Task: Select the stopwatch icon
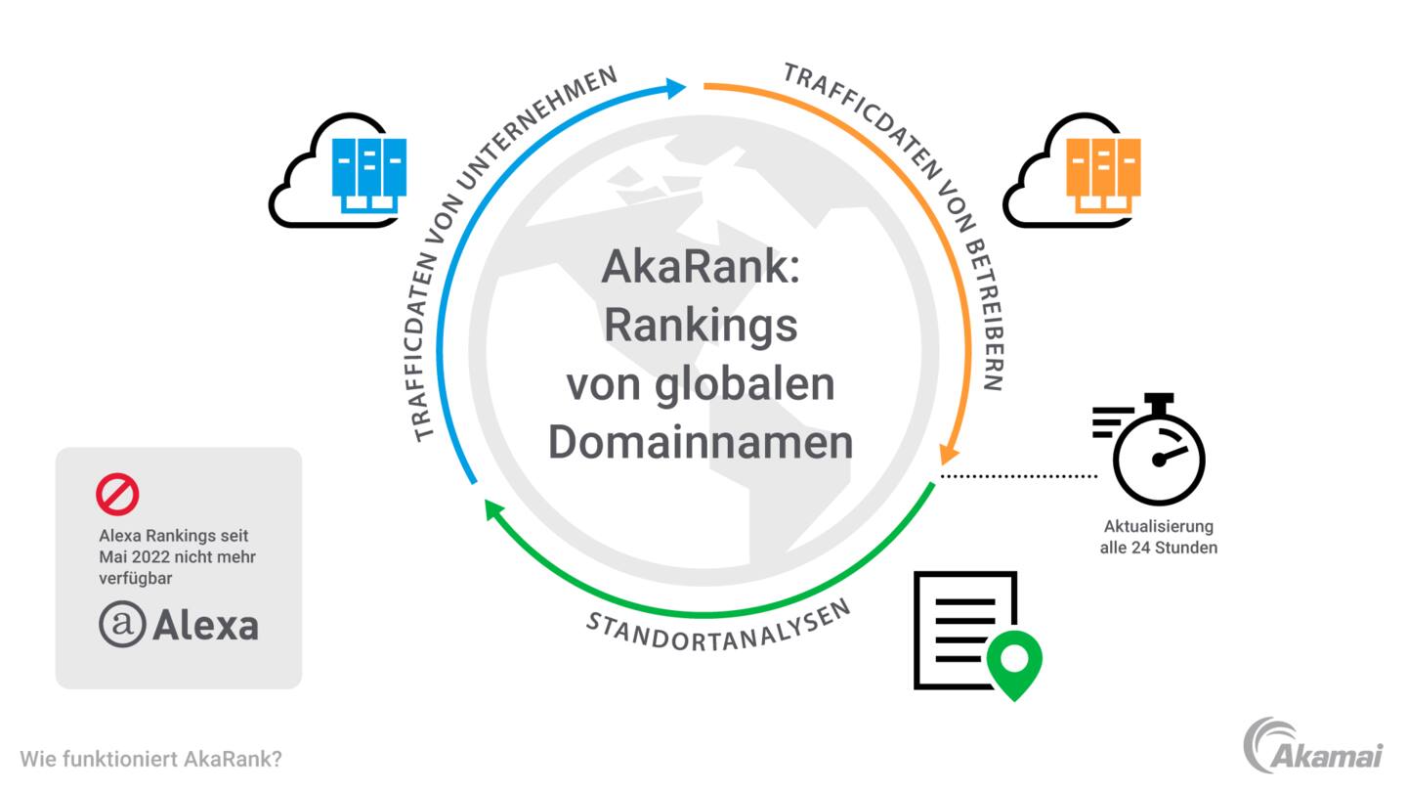coord(1149,449)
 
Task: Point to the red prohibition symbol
coord(117,494)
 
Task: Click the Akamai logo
coord(1313,745)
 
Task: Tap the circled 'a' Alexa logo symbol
coord(122,624)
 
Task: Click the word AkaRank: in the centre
coord(701,267)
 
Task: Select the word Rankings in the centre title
coord(701,327)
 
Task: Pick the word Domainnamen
coord(701,443)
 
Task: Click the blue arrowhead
coord(675,88)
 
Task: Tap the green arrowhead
coord(494,509)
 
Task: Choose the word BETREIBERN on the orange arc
coord(985,314)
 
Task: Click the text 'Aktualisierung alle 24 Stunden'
coord(1158,537)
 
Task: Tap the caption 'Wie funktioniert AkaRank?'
coord(150,759)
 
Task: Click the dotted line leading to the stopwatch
coord(1018,476)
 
